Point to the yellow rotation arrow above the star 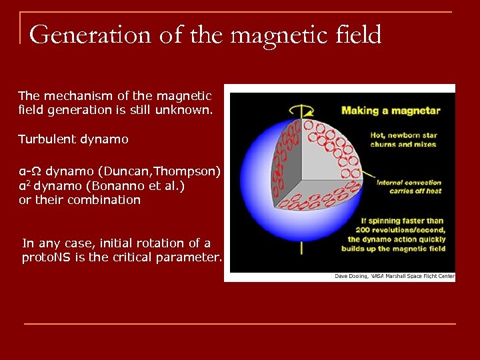point(301,109)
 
